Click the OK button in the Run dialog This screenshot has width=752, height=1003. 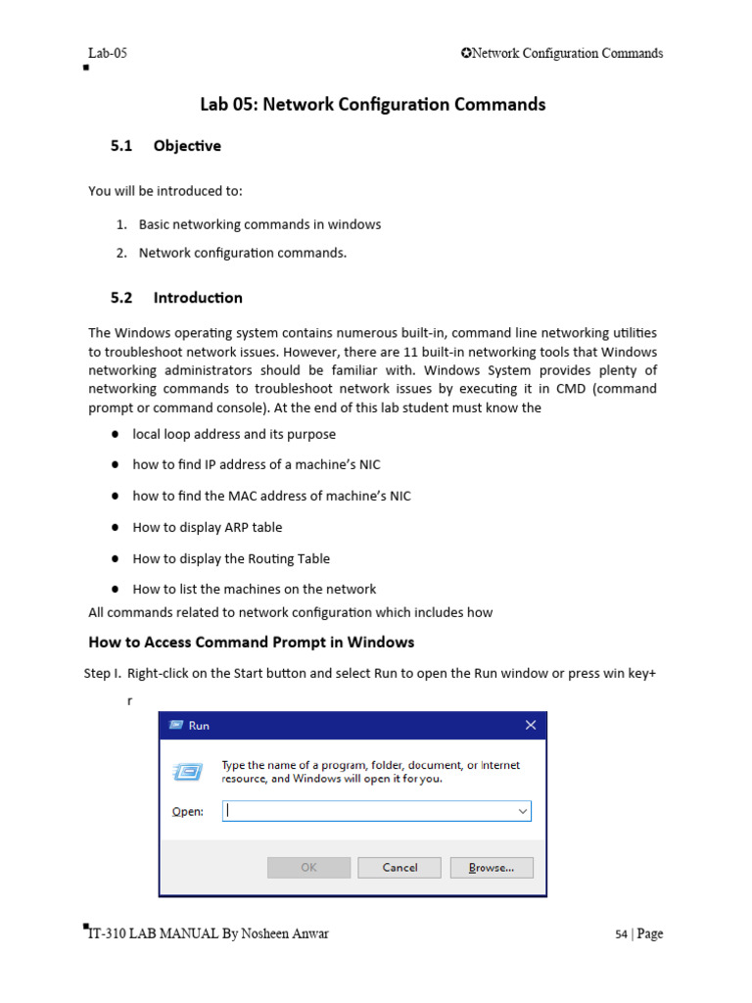[308, 867]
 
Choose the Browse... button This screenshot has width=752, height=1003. [492, 867]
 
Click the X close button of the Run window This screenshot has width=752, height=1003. [530, 725]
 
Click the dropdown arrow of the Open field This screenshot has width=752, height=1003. [522, 811]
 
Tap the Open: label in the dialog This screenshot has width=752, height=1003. [187, 811]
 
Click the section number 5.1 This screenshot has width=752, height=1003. [121, 146]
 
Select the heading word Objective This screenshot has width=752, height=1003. [187, 146]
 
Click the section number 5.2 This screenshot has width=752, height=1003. [121, 298]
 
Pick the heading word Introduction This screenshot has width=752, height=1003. [198, 298]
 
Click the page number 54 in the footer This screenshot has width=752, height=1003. [621, 934]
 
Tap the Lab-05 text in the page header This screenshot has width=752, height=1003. [108, 54]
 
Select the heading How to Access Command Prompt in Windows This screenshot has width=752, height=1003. [252, 643]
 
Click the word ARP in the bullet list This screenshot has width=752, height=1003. [249, 527]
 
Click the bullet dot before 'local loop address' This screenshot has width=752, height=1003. [115, 434]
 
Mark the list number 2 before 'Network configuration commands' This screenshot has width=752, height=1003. [120, 253]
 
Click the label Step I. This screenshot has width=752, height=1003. [103, 674]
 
